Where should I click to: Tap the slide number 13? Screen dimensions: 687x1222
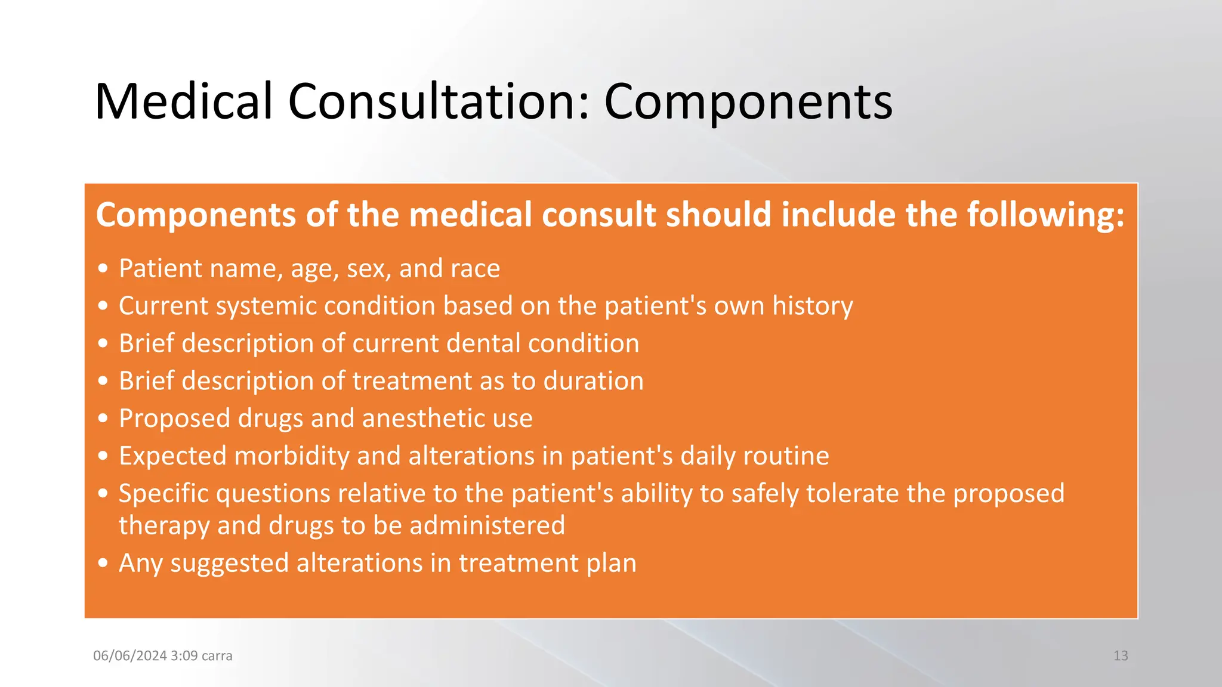click(x=1121, y=656)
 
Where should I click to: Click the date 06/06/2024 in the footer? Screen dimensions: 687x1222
click(x=129, y=656)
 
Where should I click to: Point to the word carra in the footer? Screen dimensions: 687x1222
click(x=217, y=656)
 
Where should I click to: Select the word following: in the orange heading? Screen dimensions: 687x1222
click(x=1045, y=215)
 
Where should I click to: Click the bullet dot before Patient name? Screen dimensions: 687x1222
click(x=103, y=269)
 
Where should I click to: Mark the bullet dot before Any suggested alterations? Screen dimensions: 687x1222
click(x=103, y=564)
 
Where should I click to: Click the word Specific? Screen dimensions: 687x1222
click(x=166, y=494)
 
